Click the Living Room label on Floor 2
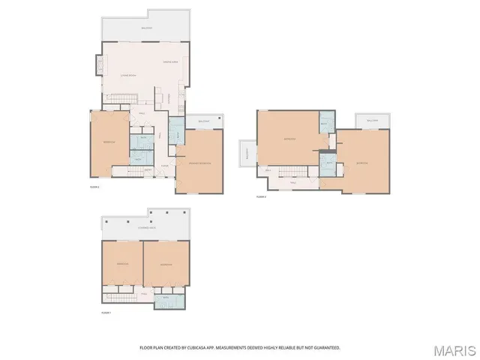tap(127, 75)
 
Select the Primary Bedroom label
tap(198, 163)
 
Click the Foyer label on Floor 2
tap(164, 166)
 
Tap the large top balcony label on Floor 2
tap(147, 28)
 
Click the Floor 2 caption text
tap(94, 186)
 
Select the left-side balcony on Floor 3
tap(247, 153)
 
